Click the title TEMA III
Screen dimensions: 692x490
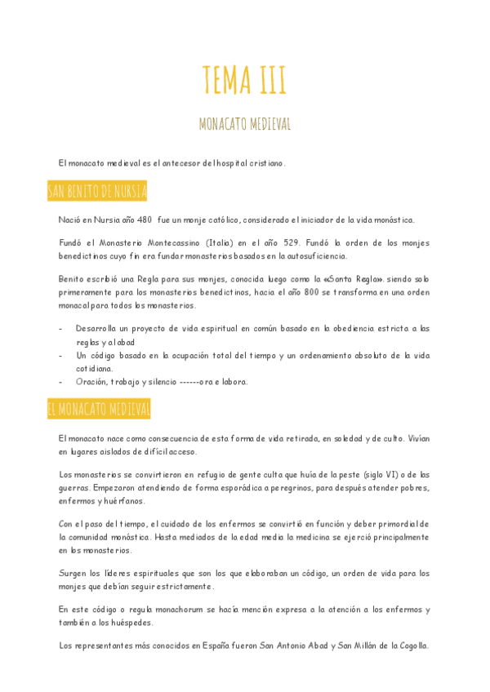(x=244, y=80)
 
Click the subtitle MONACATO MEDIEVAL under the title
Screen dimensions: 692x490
(x=244, y=124)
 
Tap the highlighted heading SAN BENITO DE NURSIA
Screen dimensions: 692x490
(x=97, y=192)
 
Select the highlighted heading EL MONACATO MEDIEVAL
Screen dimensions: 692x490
(x=99, y=410)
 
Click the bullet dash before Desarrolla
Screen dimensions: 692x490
(x=62, y=329)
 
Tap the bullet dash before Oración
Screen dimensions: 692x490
(x=62, y=381)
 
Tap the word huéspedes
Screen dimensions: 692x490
(x=149, y=623)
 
